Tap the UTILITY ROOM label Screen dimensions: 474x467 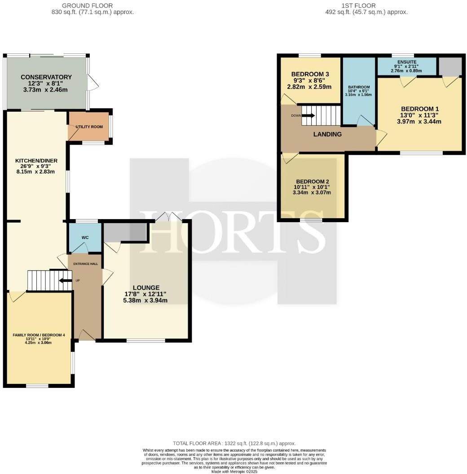pyautogui.click(x=89, y=127)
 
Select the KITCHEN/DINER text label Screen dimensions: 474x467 pyautogui.click(x=36, y=160)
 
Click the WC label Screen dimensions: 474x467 pyautogui.click(x=85, y=237)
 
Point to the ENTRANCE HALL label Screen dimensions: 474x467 pyautogui.click(x=85, y=263)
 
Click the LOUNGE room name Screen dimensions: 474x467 pyautogui.click(x=146, y=288)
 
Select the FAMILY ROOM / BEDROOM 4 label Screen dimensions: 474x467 pyautogui.click(x=38, y=335)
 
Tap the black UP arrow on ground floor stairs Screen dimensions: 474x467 pyautogui.click(x=65, y=281)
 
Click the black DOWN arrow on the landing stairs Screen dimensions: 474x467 pyautogui.click(x=308, y=115)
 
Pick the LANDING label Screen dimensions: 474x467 pyautogui.click(x=327, y=134)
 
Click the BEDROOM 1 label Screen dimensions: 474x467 pyautogui.click(x=420, y=109)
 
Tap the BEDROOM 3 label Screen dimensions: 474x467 pyautogui.click(x=310, y=74)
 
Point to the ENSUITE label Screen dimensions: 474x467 pyautogui.click(x=407, y=61)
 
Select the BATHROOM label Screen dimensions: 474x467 pyautogui.click(x=358, y=87)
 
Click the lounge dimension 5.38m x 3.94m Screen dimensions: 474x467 pyautogui.click(x=146, y=300)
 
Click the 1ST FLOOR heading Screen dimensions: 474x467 pyautogui.click(x=366, y=5)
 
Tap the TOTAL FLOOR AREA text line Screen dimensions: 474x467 pyautogui.click(x=234, y=443)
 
